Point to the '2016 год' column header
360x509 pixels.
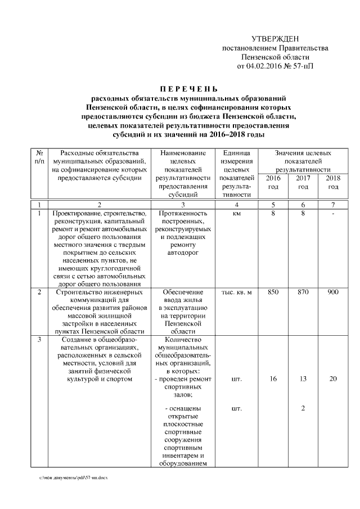(x=273, y=182)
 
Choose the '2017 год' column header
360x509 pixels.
(x=303, y=182)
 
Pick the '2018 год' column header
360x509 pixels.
(x=333, y=182)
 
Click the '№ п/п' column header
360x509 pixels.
(x=39, y=157)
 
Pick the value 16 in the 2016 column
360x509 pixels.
(x=273, y=379)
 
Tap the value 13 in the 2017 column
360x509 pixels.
(x=303, y=379)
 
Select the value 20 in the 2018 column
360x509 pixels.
(x=333, y=379)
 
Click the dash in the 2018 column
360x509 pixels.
(x=333, y=214)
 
